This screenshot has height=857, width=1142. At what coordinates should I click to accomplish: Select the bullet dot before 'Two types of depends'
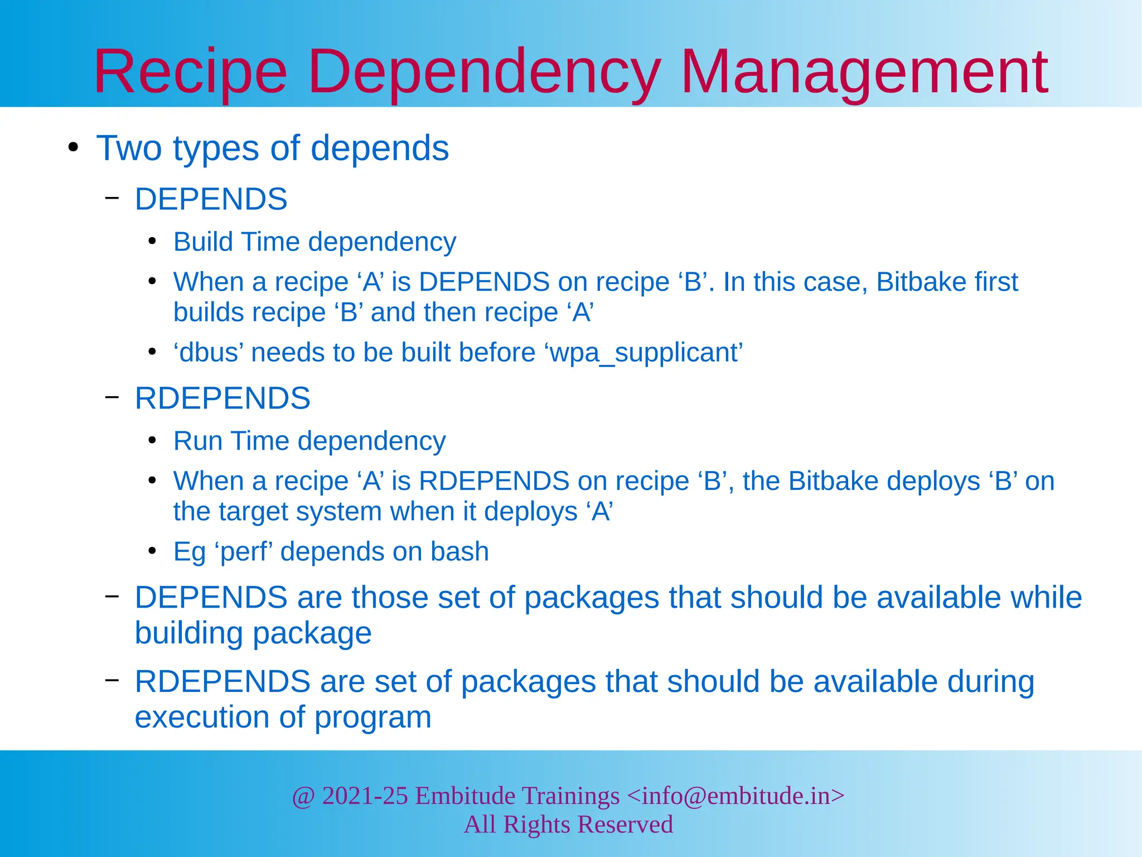(x=72, y=148)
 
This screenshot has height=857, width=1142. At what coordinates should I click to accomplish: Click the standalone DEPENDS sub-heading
(x=211, y=199)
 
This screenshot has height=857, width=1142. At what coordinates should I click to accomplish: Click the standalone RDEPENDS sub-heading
(x=222, y=398)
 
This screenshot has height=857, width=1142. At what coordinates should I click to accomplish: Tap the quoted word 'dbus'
(x=209, y=353)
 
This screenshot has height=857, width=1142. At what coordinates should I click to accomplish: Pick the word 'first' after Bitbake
(x=996, y=282)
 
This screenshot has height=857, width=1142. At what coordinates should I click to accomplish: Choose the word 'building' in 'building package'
(x=188, y=634)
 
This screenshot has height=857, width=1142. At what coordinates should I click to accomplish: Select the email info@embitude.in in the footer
(x=735, y=796)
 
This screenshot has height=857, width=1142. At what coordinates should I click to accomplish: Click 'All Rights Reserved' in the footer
(x=568, y=825)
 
